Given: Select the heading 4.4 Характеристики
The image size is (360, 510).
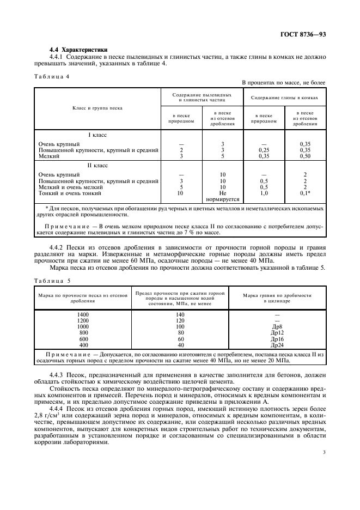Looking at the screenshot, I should [78, 50].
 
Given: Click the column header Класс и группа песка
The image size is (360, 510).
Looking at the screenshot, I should [97, 108].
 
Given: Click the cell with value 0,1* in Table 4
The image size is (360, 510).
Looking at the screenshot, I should [305, 193].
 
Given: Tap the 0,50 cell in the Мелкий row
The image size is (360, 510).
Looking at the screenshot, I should [305, 156].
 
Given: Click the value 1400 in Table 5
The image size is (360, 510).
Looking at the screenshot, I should [83, 315].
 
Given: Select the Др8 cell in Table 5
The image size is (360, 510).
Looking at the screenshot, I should [277, 327].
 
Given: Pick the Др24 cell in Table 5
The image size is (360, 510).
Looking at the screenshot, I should [277, 345].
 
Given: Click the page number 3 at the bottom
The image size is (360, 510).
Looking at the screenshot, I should [324, 451].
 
